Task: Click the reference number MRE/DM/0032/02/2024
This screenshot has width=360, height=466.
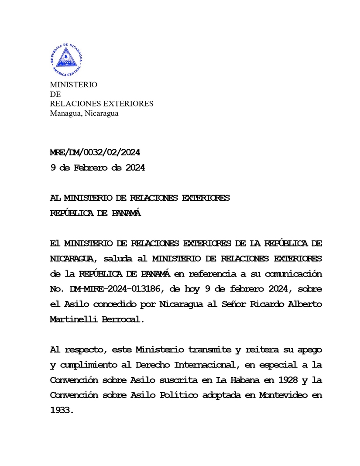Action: tap(95, 153)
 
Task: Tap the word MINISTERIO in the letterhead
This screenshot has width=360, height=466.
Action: tap(74, 85)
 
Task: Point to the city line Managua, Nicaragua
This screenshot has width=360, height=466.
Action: tap(84, 113)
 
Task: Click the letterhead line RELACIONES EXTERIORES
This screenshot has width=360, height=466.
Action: tap(102, 104)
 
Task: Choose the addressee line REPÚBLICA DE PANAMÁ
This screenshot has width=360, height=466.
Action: tap(96, 214)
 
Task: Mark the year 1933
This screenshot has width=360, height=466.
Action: tap(62, 410)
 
